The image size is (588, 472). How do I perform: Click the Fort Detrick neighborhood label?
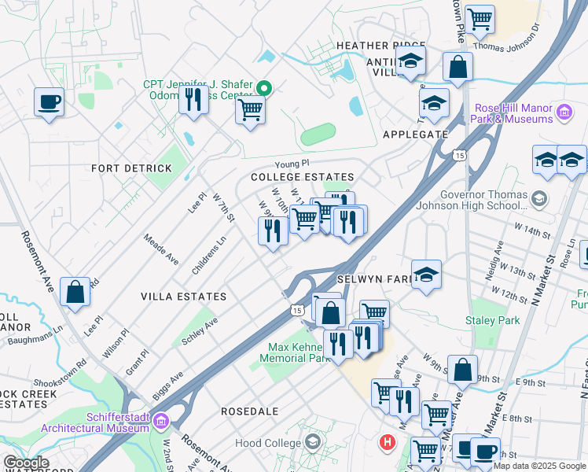coord(131,168)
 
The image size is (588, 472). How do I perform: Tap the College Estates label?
coord(302,178)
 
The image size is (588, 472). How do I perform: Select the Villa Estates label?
coord(183,297)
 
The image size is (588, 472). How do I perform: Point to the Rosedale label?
coord(250,411)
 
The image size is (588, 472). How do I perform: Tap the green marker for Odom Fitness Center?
coord(265,88)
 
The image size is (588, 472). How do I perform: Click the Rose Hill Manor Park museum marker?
coord(564,112)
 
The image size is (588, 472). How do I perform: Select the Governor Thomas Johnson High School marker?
coord(538,198)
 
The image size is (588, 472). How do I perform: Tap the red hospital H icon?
coord(386,442)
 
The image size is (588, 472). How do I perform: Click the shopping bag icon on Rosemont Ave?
coord(75,292)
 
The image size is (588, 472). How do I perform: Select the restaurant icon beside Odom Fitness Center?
coord(193,101)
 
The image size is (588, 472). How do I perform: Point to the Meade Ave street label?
coord(161,248)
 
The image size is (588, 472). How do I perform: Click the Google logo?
coord(26,462)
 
